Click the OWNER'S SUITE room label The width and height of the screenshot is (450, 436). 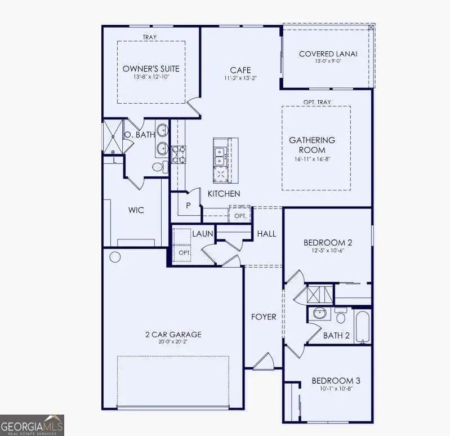tap(151, 69)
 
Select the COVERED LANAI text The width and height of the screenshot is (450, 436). tap(328, 54)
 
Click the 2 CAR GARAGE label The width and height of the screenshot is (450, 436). tap(173, 334)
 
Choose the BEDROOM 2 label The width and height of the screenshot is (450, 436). tap(328, 243)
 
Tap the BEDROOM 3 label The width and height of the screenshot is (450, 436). tap(336, 381)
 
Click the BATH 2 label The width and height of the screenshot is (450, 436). tap(336, 336)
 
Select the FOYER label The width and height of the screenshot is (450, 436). tap(264, 317)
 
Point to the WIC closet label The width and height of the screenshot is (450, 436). tap(136, 210)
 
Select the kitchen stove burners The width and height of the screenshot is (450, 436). tap(179, 155)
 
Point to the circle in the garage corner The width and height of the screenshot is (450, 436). tap(115, 257)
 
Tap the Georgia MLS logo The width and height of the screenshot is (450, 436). tap(32, 425)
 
